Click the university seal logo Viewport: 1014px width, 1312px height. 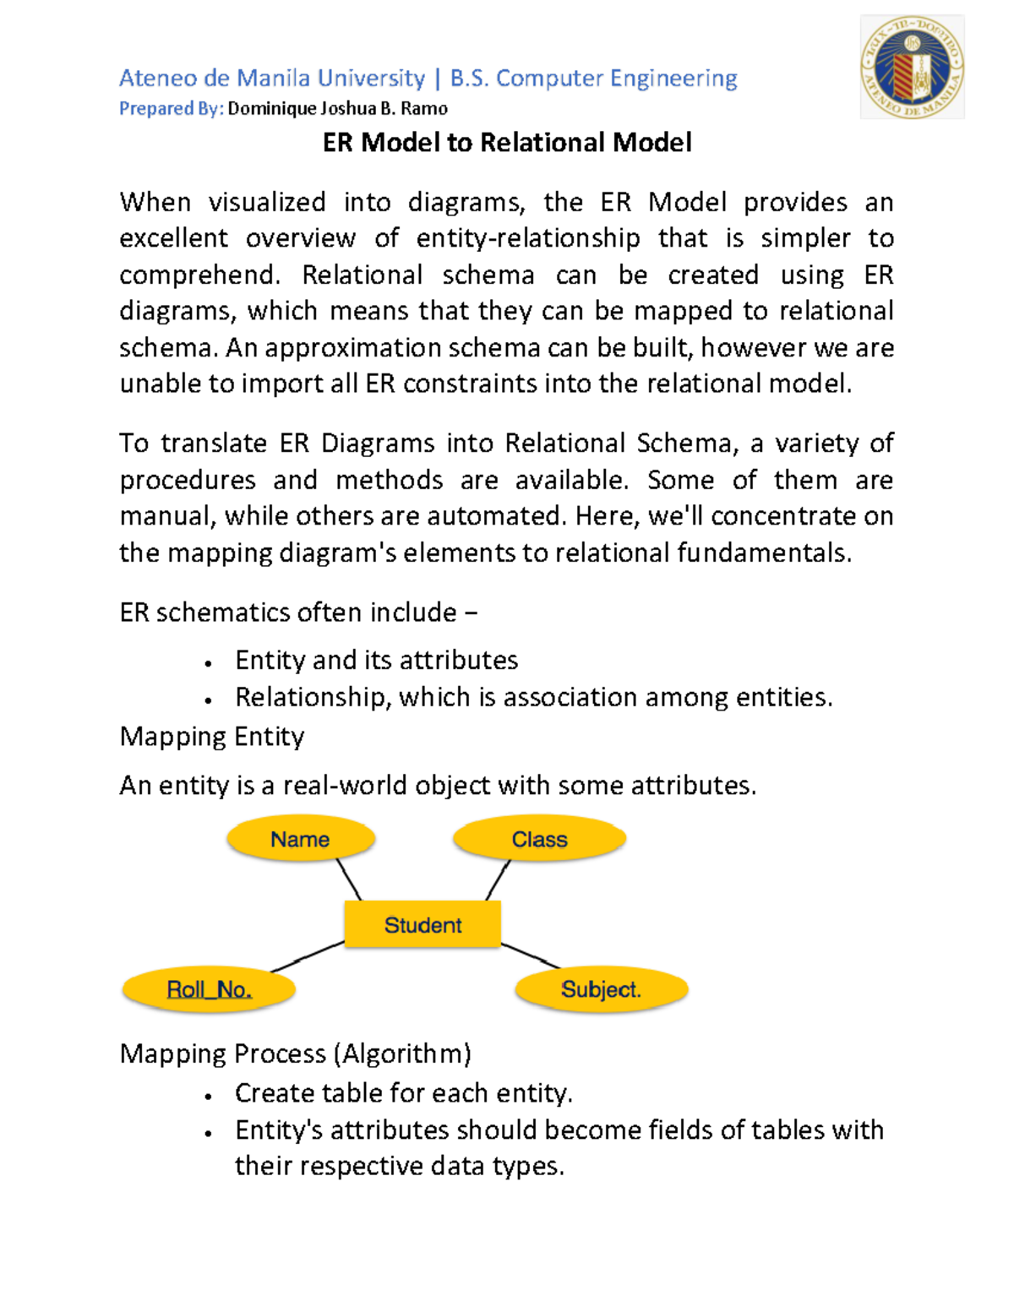pos(912,68)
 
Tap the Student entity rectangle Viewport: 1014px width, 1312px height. pos(422,924)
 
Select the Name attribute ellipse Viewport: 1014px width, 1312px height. pos(300,839)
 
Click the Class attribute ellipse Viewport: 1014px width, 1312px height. pos(539,839)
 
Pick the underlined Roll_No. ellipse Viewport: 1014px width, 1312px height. pos(209,989)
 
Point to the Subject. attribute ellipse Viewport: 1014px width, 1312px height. pos(601,989)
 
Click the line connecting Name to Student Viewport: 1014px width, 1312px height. pos(348,879)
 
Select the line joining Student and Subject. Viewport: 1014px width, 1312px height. pos(531,955)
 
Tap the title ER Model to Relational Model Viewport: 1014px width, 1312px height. pos(507,142)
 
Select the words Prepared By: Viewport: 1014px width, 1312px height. pos(172,109)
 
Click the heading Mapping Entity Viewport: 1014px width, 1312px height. pos(212,736)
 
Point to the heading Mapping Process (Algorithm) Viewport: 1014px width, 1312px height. pos(296,1053)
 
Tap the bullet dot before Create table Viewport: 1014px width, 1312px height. pos(208,1096)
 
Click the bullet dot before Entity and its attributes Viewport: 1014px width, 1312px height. pos(208,663)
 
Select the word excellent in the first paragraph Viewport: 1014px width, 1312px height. pos(173,238)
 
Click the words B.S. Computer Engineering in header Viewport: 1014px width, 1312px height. pos(593,79)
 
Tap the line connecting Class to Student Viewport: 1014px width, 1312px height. pos(498,879)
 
